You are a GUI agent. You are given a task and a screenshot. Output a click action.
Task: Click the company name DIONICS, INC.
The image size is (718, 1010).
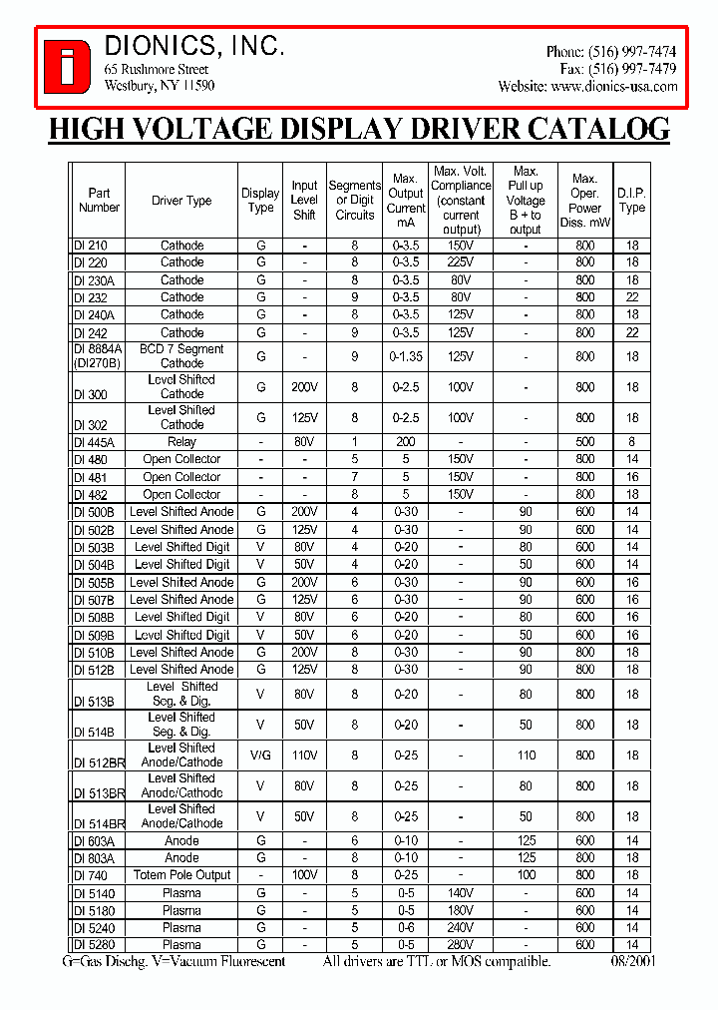point(194,46)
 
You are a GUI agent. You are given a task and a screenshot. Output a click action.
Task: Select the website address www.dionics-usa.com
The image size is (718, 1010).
point(613,87)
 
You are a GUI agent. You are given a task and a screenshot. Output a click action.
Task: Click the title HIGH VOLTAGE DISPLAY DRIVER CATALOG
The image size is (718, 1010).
point(359,129)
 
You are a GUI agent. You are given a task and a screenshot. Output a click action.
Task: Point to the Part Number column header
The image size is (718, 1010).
point(99,200)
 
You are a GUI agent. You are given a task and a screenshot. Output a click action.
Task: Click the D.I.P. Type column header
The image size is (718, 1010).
point(631,200)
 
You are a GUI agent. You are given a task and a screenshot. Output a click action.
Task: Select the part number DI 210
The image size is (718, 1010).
point(91,246)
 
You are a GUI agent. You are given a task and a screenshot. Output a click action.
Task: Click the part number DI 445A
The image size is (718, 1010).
point(95,442)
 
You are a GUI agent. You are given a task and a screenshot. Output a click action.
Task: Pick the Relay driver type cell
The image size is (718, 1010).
point(181,442)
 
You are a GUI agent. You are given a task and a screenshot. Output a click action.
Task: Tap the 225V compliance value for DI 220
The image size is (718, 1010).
point(460,262)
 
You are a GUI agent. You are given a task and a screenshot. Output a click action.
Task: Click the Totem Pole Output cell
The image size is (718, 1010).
point(181,875)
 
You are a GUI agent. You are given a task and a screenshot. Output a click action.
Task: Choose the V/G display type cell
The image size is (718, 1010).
point(260,756)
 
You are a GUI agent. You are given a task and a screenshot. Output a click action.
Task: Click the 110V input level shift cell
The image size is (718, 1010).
point(304,756)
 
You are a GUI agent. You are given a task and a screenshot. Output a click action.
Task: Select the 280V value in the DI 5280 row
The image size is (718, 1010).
point(460,944)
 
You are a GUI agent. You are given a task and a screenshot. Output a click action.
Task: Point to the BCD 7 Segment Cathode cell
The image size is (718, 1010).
point(181,356)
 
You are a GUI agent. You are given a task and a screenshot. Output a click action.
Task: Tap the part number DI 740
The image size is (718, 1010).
point(91,875)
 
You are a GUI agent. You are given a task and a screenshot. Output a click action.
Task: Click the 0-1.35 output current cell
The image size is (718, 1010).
point(406,356)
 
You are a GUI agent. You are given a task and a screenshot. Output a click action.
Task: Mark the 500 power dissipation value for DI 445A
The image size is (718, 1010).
point(584,442)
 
